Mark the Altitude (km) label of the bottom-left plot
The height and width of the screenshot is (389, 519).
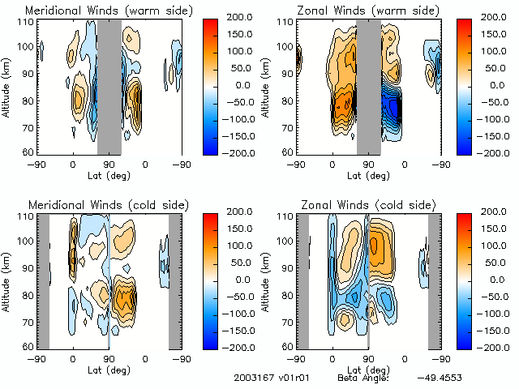6,280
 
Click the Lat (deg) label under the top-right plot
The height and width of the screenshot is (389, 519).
368,174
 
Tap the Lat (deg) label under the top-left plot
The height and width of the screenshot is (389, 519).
109,174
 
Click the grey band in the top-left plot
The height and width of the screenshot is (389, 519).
109,87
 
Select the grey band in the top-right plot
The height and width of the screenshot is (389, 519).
368,87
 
